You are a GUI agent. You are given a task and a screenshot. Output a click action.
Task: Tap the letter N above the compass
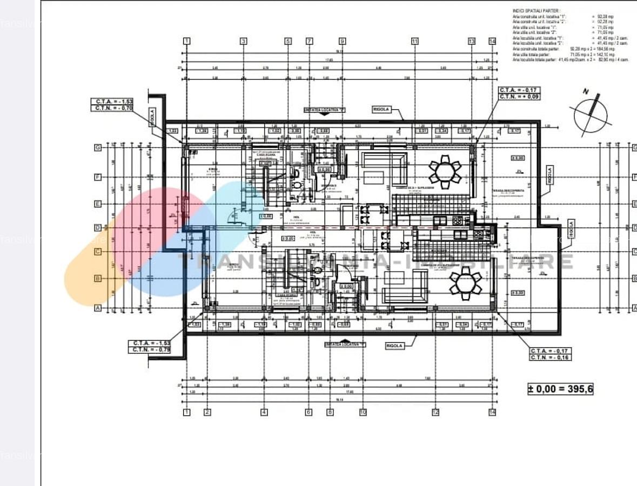tap(585, 92)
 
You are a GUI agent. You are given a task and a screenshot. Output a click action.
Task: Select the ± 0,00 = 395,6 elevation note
tap(560, 389)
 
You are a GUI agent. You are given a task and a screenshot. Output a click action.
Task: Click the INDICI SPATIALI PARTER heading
tap(536, 11)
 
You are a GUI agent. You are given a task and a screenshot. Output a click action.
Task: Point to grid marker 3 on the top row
tap(243, 41)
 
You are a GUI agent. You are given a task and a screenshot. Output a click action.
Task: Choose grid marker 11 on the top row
tap(414, 41)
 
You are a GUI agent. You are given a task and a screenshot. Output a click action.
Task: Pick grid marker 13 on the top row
tap(472, 41)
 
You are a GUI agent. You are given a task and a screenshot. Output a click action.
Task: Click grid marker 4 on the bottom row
tap(264, 412)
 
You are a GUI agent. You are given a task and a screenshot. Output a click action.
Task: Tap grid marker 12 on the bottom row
tap(435, 412)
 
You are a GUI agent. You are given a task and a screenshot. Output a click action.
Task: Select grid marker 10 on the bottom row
tap(363, 412)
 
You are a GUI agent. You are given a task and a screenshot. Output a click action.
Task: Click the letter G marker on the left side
tap(98, 147)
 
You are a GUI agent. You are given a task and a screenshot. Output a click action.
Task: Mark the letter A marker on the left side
tap(98, 308)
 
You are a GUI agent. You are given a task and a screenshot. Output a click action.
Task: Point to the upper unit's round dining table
tap(445, 172)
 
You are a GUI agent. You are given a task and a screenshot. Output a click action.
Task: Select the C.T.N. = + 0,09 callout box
tap(519, 97)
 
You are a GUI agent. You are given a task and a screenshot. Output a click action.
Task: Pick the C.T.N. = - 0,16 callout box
tap(550, 357)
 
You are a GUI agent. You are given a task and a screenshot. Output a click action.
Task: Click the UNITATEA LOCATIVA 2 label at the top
tap(324, 109)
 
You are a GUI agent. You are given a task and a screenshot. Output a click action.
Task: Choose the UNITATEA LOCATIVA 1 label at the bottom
tap(345, 344)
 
